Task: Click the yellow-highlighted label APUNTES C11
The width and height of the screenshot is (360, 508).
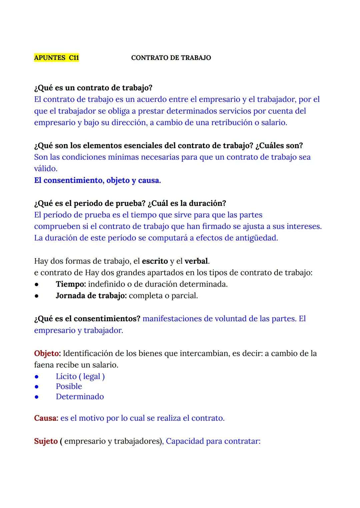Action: pos(56,58)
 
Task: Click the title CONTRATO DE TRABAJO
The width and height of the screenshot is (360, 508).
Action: pos(171,58)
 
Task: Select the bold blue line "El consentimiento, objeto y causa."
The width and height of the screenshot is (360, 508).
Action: pos(97,180)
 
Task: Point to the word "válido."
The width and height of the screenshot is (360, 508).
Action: pos(46,169)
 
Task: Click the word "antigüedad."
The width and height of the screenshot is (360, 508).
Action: pos(257,238)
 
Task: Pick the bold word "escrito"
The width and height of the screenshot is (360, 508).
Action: pos(155,261)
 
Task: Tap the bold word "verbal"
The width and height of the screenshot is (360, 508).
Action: pos(196,261)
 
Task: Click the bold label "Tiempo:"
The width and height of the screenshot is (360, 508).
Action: pos(71,284)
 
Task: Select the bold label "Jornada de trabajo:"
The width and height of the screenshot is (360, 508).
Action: pos(91,295)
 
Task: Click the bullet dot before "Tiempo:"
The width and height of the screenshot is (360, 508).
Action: pos(36,285)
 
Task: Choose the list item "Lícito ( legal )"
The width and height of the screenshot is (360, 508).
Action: pos(80,376)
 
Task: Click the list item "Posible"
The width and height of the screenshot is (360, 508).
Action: pos(69,386)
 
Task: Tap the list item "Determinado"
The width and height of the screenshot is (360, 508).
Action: pos(80,396)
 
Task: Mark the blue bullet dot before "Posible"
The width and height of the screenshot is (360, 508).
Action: pos(36,387)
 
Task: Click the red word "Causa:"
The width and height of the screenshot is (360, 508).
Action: pos(46,418)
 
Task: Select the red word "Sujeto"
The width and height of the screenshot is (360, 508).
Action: pos(46,441)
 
